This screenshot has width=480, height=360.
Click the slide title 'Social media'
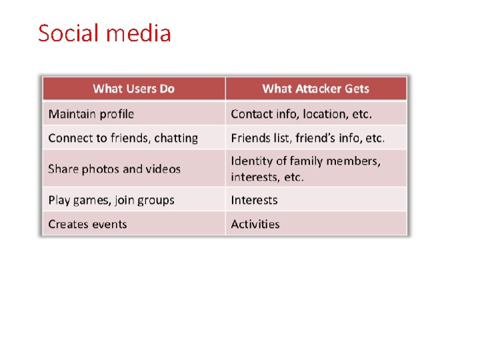tap(105, 33)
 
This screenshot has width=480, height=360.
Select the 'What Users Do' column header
tap(133, 89)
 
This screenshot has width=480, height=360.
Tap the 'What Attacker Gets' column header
tap(315, 89)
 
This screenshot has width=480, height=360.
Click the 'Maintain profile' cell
tap(91, 114)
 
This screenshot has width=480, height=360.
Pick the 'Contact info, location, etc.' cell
tap(301, 114)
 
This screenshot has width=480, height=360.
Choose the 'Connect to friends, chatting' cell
tap(123, 138)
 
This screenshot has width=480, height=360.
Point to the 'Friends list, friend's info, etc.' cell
tap(308, 138)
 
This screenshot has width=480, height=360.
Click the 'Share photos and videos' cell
tap(114, 169)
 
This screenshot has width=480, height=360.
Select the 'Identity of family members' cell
tap(305, 168)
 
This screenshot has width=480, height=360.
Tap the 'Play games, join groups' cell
tap(111, 200)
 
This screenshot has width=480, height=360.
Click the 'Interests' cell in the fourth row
tap(254, 200)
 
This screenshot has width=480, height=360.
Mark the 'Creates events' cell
tap(87, 224)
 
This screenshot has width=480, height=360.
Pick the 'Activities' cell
tap(255, 224)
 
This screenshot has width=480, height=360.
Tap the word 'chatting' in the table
tap(176, 138)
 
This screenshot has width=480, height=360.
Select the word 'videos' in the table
tap(162, 169)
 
